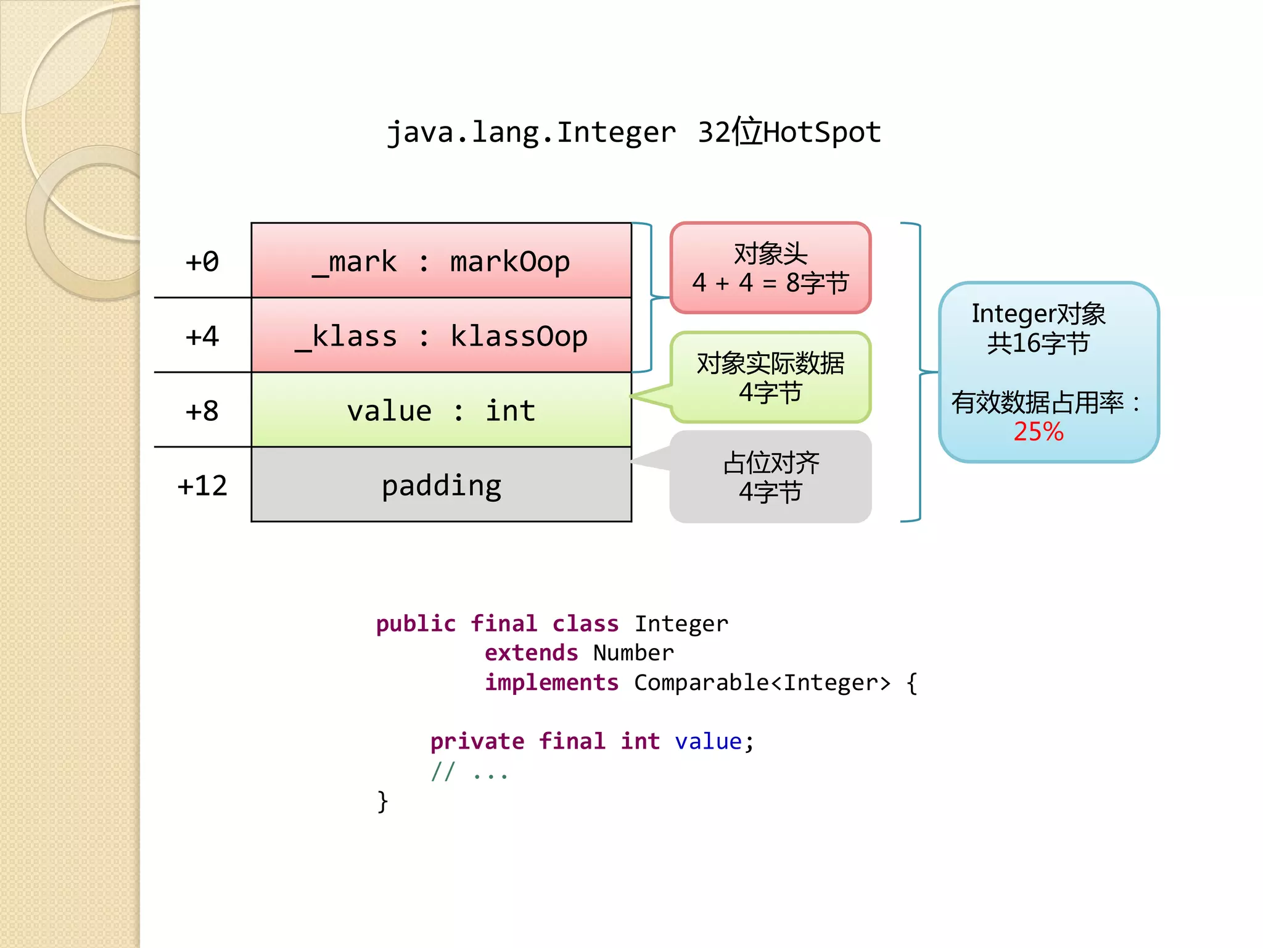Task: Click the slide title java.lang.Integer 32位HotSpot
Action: coord(633,132)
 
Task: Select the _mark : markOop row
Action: coord(441,261)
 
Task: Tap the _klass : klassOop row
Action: coord(441,336)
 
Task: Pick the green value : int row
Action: coord(441,410)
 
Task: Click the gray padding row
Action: coord(441,485)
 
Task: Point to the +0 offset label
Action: coord(202,262)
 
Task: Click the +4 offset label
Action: coord(202,336)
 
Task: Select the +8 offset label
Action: coord(202,411)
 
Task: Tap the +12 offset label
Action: coord(202,486)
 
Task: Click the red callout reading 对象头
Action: coord(770,268)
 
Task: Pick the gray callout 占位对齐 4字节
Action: coord(770,477)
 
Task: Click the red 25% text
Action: coord(1039,431)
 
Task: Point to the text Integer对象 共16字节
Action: coord(1039,328)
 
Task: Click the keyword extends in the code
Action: coord(531,653)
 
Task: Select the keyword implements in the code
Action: coord(551,683)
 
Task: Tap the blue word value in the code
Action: coord(708,741)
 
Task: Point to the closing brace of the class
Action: coord(382,801)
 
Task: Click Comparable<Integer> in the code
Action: coord(762,683)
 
